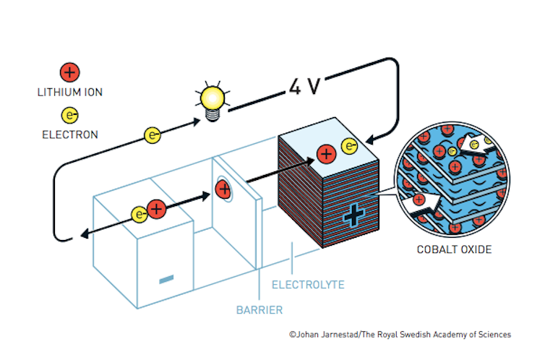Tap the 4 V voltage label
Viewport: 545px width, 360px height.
tap(304, 87)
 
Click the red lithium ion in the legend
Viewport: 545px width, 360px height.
tap(69, 72)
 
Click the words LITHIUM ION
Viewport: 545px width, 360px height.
tap(69, 92)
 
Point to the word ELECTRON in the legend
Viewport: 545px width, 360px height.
tap(69, 134)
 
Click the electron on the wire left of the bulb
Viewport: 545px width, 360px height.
tap(152, 134)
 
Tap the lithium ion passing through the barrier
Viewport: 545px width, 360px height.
tap(223, 191)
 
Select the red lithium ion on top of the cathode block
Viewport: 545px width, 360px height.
tap(326, 154)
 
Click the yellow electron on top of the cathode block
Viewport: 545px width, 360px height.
tap(349, 147)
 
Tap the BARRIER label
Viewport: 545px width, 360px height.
tap(259, 311)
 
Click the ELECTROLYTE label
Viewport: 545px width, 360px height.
tap(308, 285)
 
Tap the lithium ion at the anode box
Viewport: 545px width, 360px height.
tap(156, 210)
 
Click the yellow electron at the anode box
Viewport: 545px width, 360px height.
tap(140, 214)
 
